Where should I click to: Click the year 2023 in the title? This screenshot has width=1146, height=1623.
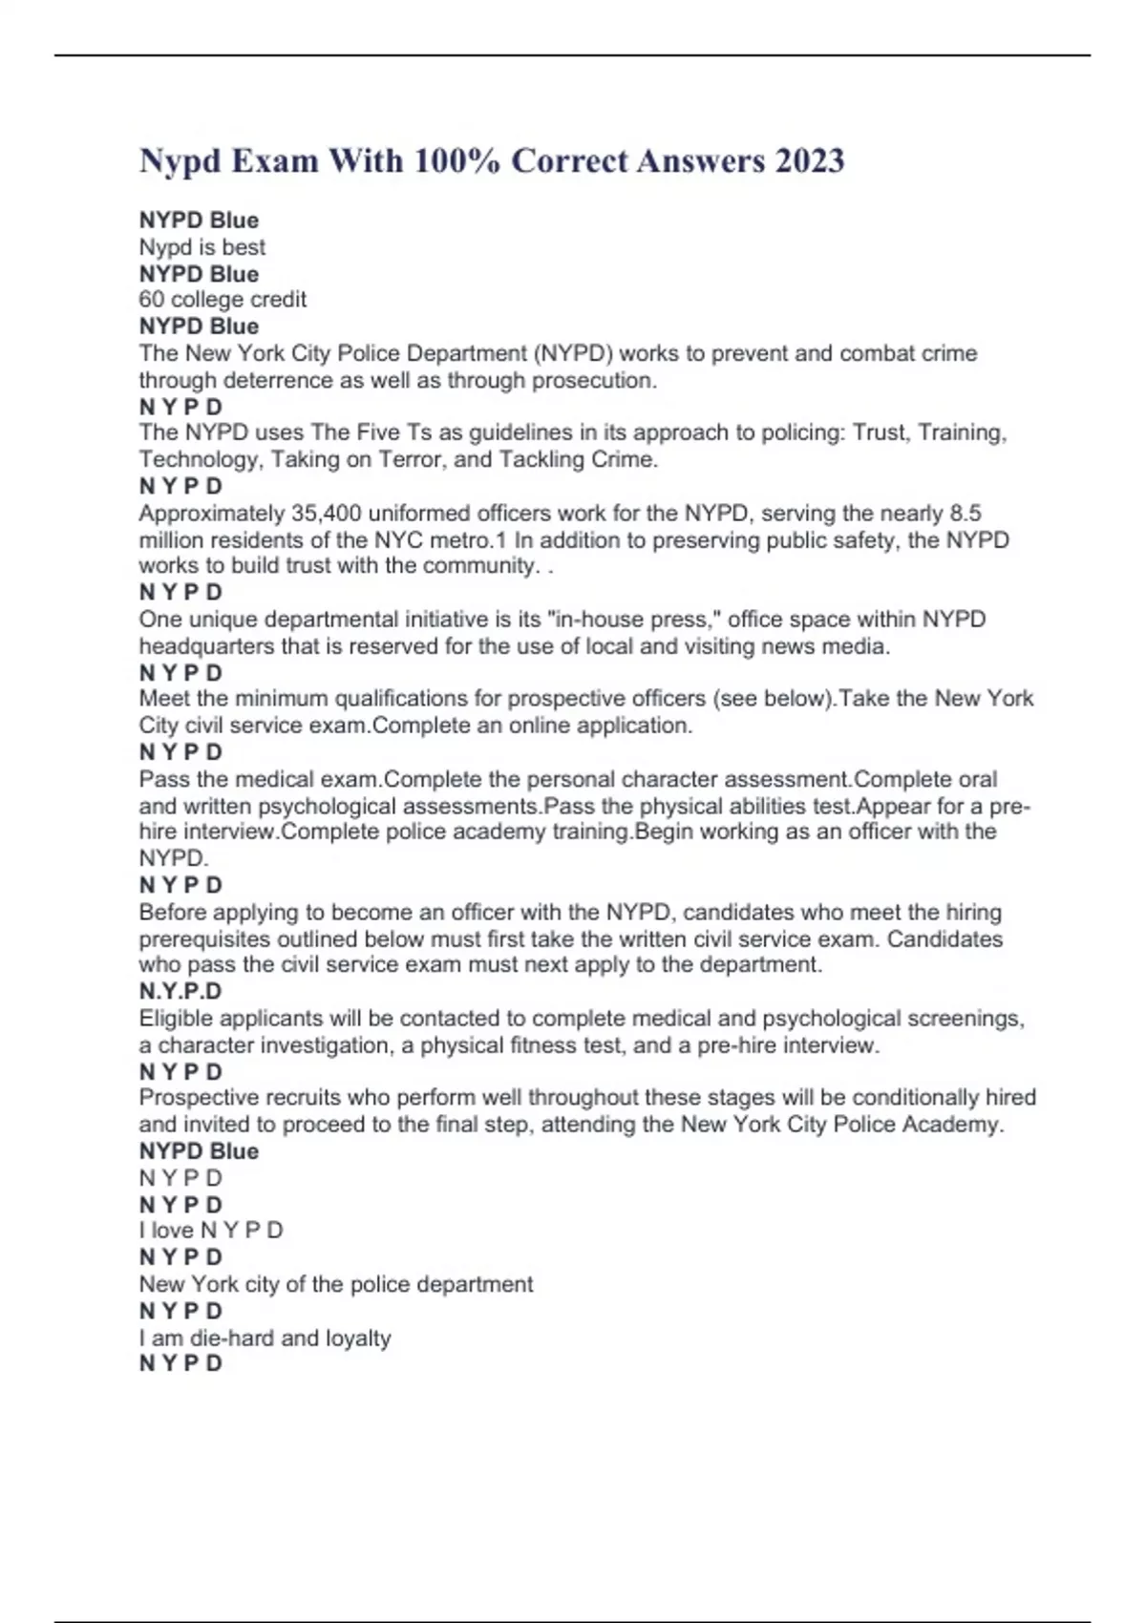click(x=809, y=160)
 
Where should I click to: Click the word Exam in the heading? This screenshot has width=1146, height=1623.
click(x=275, y=160)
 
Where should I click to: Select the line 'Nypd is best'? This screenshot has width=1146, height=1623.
click(x=202, y=247)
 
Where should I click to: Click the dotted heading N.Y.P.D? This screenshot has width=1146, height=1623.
click(x=180, y=991)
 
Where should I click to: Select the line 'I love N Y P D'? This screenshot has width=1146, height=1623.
click(x=211, y=1231)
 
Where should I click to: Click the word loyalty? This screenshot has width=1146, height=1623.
click(x=358, y=1338)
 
